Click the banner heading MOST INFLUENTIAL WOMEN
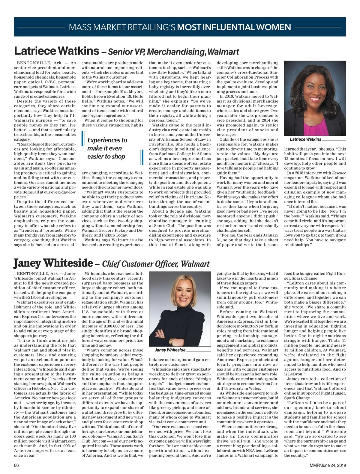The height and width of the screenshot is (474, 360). pos(234,27)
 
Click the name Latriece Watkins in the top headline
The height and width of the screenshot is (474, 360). pos(56,51)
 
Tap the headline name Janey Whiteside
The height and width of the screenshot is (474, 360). pos(53,263)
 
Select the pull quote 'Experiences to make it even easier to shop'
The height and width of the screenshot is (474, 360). pos(107,148)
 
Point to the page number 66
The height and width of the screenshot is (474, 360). pos(16,465)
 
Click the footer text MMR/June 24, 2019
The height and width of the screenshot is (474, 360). pos(328,465)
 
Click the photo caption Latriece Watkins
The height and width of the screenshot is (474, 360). pos(305,139)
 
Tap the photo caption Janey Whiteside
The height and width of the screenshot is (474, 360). pos(170,350)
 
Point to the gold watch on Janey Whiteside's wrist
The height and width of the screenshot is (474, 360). pos(171,341)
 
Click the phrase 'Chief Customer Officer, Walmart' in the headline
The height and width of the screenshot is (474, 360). pos(156,264)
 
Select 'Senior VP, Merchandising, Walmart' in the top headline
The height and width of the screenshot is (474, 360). pos(173,52)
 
